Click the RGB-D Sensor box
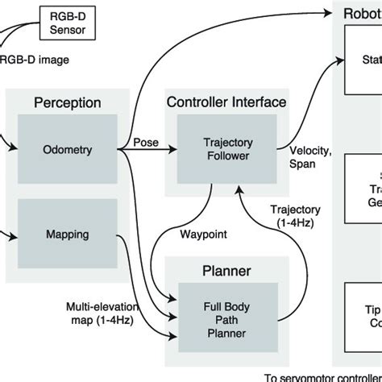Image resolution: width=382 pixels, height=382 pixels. click(68, 23)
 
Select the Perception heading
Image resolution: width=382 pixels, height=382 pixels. click(67, 102)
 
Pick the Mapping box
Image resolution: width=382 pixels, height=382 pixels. click(67, 235)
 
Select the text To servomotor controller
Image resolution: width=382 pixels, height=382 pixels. click(322, 376)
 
